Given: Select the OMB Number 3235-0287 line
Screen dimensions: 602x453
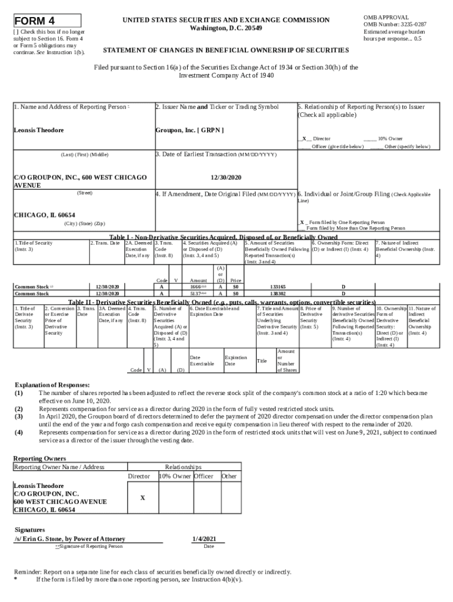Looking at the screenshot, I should pos(395,25).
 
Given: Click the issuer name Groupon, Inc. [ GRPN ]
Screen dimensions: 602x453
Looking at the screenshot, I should pos(189,130).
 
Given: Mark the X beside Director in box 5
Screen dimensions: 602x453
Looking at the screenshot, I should pos(304,139).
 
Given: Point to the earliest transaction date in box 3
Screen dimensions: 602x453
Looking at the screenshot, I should pos(226,176).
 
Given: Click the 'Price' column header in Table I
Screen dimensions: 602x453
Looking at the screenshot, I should pos(236,281).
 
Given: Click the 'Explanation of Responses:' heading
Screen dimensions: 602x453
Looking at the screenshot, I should pos(52,384).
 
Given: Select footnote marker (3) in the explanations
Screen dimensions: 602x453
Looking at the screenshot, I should pos(19,416).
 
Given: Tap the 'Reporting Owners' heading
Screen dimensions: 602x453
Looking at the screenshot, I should pos(39,458).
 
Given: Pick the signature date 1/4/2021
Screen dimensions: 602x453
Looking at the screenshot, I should pos(208,539).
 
